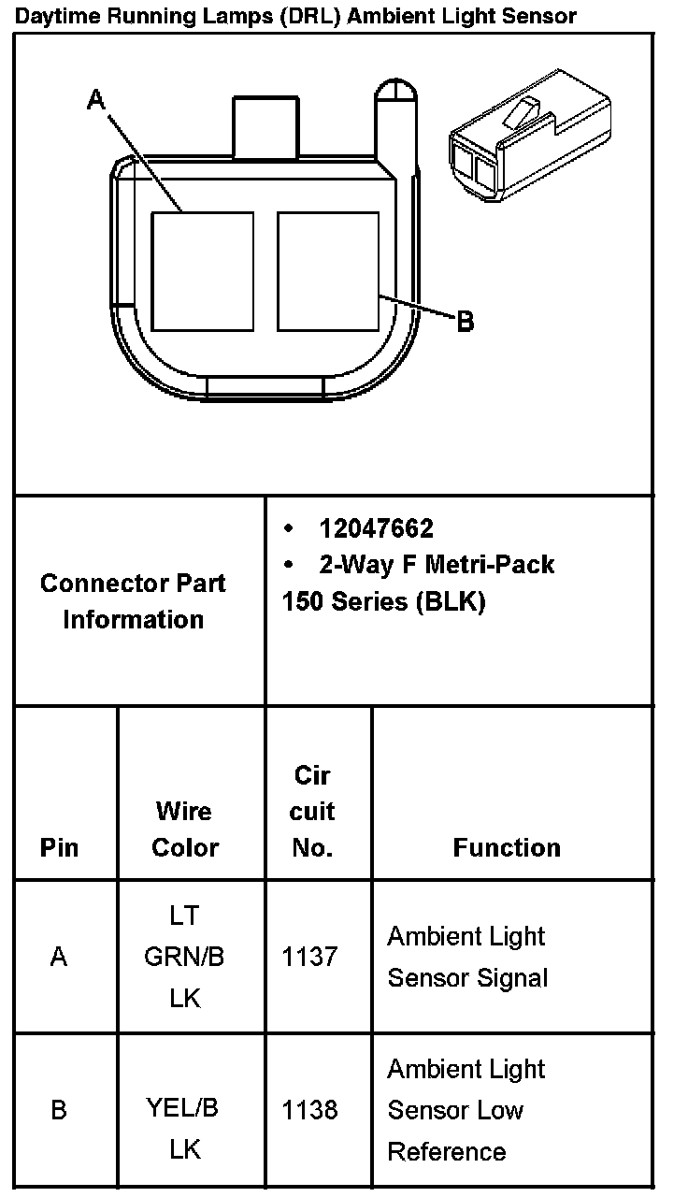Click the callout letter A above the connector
95,99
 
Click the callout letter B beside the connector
465,323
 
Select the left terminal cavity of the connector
203,271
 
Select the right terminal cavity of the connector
328,271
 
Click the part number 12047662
376,529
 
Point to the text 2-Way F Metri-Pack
437,565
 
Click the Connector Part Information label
133,601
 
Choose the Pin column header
60,847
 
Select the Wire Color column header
185,829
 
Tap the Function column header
507,847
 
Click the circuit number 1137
309,957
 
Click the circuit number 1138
309,1110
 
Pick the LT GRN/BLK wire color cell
184,957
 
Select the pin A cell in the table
59,957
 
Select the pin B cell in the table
59,1110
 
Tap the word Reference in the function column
447,1151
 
